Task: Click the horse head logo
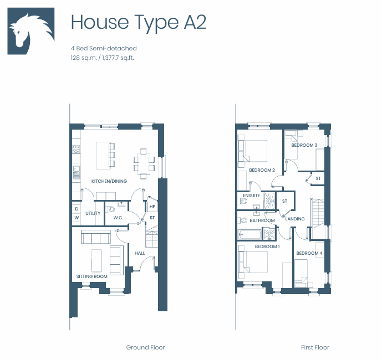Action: pos(31,31)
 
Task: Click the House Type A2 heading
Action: pos(139,22)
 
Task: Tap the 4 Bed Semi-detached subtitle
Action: pos(104,48)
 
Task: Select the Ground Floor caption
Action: pos(145,347)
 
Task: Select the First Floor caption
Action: pos(315,347)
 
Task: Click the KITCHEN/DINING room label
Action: pos(109,181)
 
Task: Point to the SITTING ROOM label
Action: pos(92,276)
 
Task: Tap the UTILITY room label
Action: pos(93,213)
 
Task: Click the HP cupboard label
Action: pos(152,207)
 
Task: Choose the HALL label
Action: pos(140,253)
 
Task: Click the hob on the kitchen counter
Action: pos(77,149)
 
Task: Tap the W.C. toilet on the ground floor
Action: pos(111,209)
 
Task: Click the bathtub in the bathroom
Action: pos(249,234)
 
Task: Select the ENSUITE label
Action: pos(251,196)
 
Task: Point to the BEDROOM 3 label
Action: pos(304,145)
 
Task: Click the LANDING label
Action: pos(295,219)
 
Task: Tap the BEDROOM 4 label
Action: pos(309,253)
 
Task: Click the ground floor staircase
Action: pos(152,236)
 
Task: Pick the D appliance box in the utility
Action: pos(77,209)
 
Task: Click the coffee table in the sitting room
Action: pos(96,260)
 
